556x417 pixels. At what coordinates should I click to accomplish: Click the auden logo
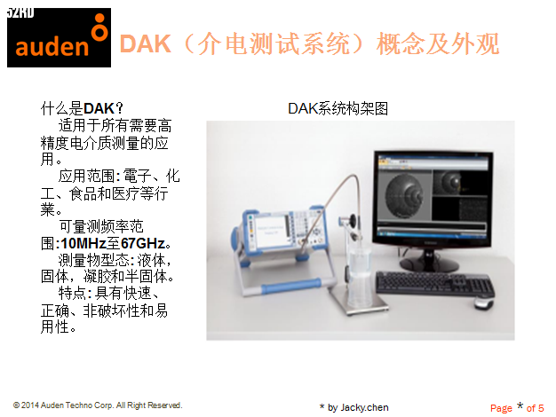click(x=59, y=37)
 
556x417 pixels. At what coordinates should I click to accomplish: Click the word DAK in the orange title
click(x=146, y=44)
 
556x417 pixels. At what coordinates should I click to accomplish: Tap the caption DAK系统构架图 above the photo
click(x=338, y=108)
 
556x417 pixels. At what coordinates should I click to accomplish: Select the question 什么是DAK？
click(x=82, y=108)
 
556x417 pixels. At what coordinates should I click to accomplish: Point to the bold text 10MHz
click(x=83, y=243)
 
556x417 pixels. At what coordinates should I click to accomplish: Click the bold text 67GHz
click(x=143, y=243)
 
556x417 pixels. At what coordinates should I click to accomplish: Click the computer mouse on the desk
click(x=484, y=303)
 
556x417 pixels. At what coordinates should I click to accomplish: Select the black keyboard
click(x=434, y=284)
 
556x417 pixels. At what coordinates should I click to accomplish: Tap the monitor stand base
click(x=429, y=264)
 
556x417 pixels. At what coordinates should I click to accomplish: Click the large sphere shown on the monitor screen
click(x=404, y=195)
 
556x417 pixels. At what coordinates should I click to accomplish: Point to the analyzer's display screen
click(x=270, y=231)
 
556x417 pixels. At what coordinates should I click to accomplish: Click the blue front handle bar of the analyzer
click(x=291, y=286)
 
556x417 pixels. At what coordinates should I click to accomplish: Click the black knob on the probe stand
click(x=353, y=220)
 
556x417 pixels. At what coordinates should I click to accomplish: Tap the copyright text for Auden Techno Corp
click(x=98, y=405)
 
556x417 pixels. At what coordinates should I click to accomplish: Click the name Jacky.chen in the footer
click(x=364, y=407)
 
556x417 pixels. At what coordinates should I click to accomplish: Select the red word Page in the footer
click(x=501, y=408)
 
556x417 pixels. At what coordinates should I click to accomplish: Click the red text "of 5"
click(x=535, y=408)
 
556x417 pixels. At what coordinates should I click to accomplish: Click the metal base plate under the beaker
click(x=358, y=301)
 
